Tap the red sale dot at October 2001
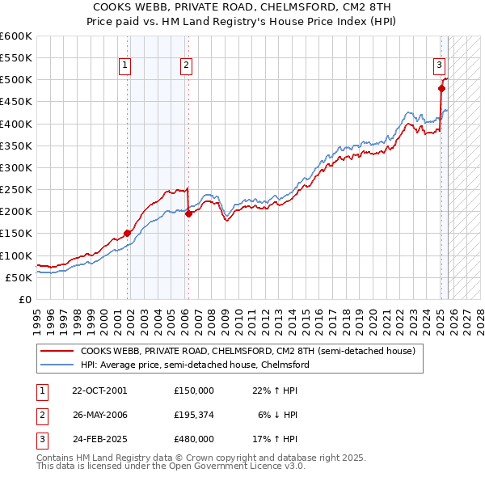click(x=128, y=234)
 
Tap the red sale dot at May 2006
click(x=188, y=213)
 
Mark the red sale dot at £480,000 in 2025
click(x=441, y=89)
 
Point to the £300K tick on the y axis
click(x=15, y=167)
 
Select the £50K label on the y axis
click(x=18, y=277)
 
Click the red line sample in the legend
click(x=57, y=352)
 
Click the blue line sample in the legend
click(x=57, y=365)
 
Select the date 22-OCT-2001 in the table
click(x=98, y=390)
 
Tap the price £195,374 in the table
click(x=193, y=415)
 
